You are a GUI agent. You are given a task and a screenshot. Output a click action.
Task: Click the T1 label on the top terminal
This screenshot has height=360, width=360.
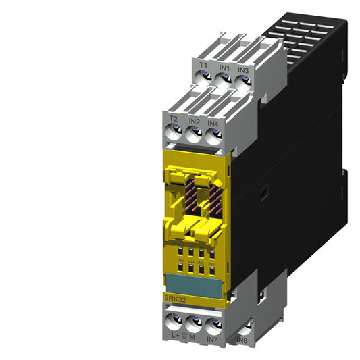(203, 66)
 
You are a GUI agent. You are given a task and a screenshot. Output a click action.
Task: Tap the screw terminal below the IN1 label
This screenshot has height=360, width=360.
(224, 80)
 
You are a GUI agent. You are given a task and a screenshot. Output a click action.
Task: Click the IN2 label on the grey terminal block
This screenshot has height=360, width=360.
(193, 122)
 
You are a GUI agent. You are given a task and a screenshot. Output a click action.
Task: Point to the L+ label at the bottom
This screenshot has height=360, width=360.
(174, 336)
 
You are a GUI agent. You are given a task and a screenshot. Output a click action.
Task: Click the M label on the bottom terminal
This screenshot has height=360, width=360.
(194, 336)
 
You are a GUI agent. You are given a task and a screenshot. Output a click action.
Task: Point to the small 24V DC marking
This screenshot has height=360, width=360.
(184, 332)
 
